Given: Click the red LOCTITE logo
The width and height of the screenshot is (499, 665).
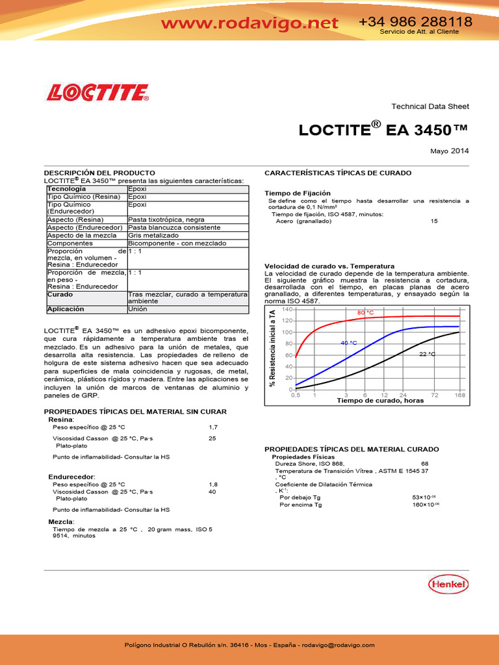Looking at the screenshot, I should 97,92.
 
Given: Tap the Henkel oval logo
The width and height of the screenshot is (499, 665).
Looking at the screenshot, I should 448,584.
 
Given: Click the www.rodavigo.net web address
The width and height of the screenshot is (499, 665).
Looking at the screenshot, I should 249,23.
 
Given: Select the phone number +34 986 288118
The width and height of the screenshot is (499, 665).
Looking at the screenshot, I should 415,21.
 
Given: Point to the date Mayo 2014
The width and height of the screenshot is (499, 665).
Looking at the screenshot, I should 450,151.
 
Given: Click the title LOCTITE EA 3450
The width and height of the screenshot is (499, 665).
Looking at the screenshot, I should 383,130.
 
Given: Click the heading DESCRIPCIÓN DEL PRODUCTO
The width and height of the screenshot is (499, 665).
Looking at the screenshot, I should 99,173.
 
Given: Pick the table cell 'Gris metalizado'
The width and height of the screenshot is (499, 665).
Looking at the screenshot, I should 153,236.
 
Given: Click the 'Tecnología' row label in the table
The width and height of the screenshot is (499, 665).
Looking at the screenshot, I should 66,189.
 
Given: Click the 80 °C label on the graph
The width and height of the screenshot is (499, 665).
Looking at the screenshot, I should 366,313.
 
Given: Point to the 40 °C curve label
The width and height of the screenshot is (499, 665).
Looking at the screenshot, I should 349,343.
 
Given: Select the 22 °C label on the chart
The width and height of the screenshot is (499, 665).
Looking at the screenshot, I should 427,355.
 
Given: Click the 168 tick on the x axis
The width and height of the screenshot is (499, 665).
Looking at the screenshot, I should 459,395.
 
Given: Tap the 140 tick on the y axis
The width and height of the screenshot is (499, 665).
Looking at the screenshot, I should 288,310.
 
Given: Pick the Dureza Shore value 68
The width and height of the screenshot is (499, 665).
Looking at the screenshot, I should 425,464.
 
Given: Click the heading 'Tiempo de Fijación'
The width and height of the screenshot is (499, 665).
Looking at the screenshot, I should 298,194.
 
